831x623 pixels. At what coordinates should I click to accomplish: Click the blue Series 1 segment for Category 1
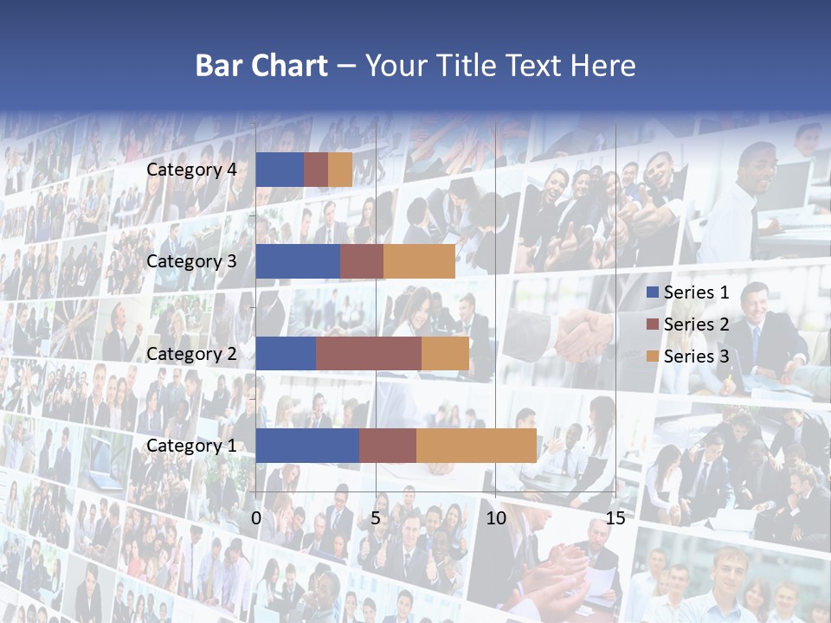(x=307, y=446)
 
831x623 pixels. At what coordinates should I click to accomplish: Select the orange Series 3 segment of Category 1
(x=476, y=446)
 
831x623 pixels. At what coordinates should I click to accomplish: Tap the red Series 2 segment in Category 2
(x=369, y=353)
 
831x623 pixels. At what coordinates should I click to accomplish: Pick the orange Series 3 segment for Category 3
(x=419, y=261)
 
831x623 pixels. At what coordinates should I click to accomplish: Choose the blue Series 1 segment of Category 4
(x=280, y=170)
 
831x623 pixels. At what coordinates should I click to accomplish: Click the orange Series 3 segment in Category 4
(x=340, y=170)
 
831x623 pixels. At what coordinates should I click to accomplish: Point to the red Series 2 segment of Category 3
(x=362, y=261)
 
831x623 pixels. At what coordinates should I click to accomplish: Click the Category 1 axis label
(x=191, y=446)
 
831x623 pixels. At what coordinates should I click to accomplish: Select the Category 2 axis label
(x=191, y=354)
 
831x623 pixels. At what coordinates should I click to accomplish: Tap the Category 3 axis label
(x=191, y=261)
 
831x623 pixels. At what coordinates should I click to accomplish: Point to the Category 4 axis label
(x=191, y=170)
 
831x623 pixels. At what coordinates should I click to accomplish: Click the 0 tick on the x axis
(x=256, y=518)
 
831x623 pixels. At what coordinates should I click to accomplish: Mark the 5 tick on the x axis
(x=376, y=518)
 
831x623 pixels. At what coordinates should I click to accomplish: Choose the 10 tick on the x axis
(x=495, y=518)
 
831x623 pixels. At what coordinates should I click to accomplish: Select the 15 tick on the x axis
(x=615, y=518)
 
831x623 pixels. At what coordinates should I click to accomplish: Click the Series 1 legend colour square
(x=653, y=292)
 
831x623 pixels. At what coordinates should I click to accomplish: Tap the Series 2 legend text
(x=696, y=324)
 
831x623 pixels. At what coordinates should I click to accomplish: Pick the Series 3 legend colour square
(x=653, y=356)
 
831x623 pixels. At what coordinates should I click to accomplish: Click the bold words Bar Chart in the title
(x=261, y=66)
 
